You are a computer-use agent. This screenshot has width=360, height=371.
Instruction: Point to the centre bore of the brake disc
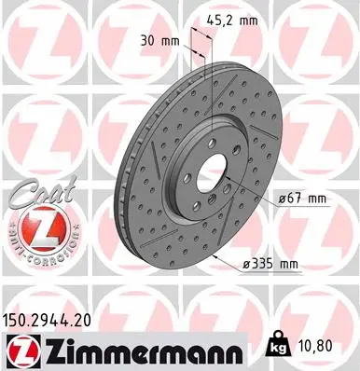(206, 177)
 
